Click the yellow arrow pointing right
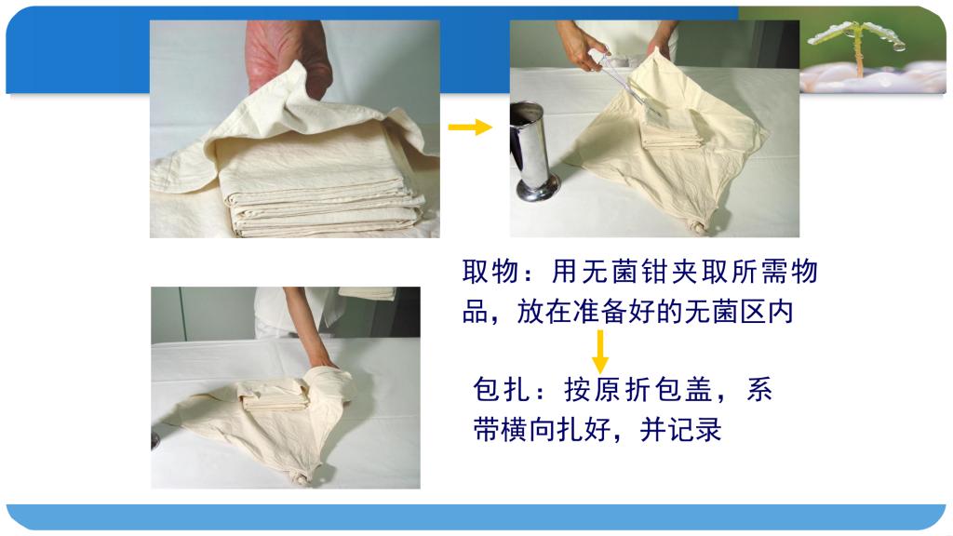point(470,127)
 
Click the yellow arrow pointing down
point(600,351)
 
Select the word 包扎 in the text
point(501,390)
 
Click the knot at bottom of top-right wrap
point(700,229)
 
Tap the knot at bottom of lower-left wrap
point(301,479)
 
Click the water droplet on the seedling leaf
point(899,45)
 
